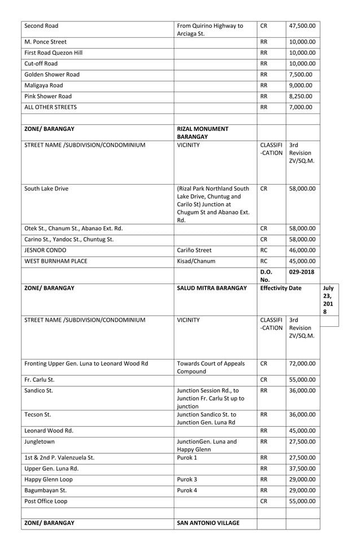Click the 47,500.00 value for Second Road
(x=302, y=25)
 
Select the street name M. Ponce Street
(x=46, y=42)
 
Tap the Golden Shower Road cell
(x=52, y=75)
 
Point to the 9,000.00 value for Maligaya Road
(x=302, y=85)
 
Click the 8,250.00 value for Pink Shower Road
(x=302, y=96)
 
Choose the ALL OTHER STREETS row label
(x=50, y=107)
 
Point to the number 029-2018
(x=302, y=272)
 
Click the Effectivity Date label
(x=288, y=288)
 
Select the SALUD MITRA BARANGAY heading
(x=212, y=288)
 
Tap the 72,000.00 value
(x=302, y=364)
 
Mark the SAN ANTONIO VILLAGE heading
(x=208, y=523)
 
